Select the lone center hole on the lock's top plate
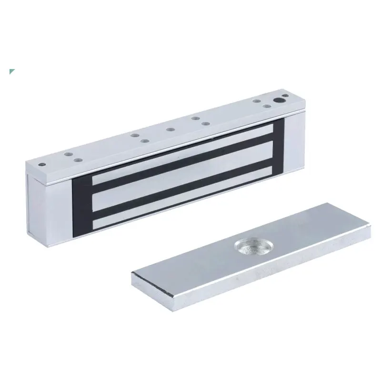coord(170,129)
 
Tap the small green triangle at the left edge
coord(12,72)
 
